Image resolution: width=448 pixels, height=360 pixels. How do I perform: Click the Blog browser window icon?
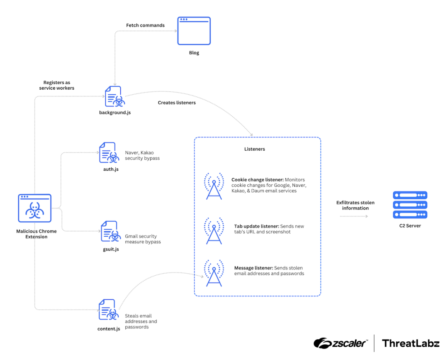coord(194,31)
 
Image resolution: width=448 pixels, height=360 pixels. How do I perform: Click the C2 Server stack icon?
coord(410,205)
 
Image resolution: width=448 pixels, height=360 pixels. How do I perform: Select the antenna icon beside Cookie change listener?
coord(214,186)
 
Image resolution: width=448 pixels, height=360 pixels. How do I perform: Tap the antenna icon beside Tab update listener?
coord(214,230)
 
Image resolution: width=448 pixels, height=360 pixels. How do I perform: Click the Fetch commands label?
coord(145,25)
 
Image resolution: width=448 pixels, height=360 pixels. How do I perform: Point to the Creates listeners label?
coord(177,103)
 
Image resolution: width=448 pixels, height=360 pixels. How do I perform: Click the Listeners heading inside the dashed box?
coord(255,149)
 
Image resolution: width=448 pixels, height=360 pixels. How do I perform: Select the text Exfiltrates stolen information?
coord(355,206)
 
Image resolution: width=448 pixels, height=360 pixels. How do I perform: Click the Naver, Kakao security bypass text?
coord(142,156)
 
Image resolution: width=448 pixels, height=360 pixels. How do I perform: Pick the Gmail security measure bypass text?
coord(143,239)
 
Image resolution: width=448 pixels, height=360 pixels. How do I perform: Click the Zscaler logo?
coord(341,343)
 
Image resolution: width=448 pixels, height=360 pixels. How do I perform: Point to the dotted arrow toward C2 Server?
coord(353,216)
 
